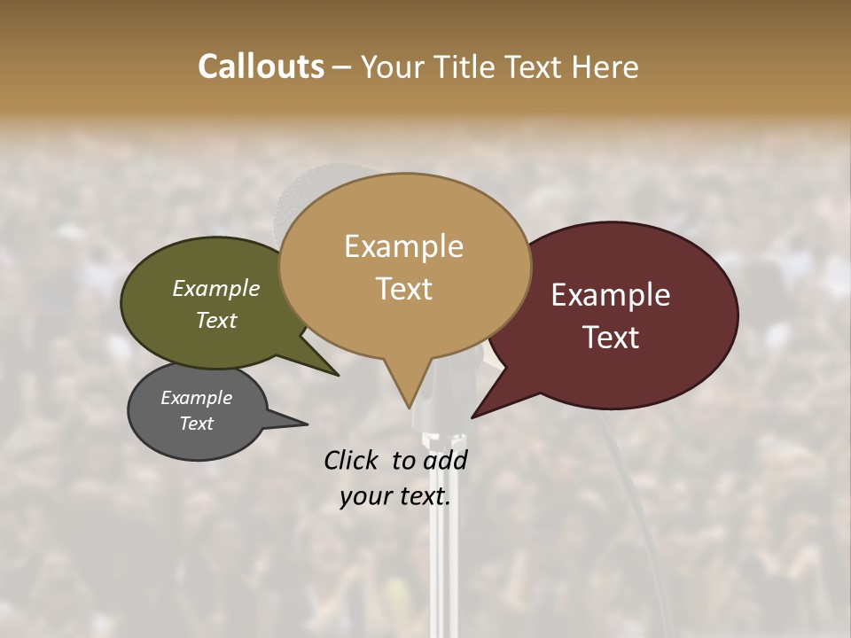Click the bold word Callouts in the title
(x=261, y=66)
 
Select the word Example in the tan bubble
(x=403, y=246)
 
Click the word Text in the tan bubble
(x=403, y=288)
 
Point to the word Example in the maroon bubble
(x=611, y=295)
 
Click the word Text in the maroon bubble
(x=611, y=337)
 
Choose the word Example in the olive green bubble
(x=216, y=288)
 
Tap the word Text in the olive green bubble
(x=216, y=320)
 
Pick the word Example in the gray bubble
(x=197, y=398)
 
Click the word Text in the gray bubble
(x=197, y=424)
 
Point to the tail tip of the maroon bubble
(x=475, y=415)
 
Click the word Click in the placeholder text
(x=353, y=461)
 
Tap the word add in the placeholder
(x=444, y=461)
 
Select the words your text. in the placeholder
(x=395, y=496)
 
